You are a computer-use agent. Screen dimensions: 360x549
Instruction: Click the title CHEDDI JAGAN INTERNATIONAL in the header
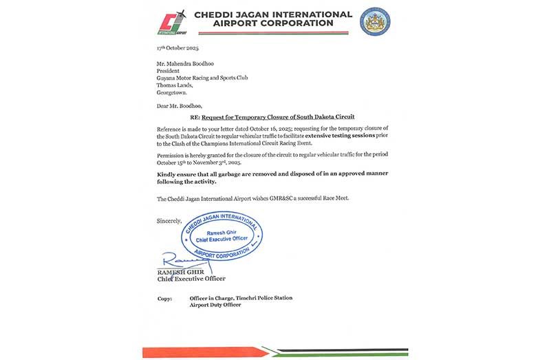pos(274,14)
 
